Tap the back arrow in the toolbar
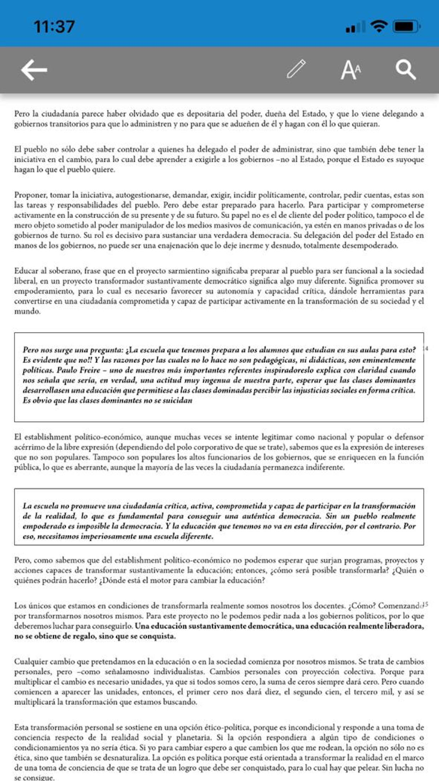coord(34,70)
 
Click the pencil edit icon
coord(296,69)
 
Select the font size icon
coord(351,70)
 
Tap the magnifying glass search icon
coord(405,70)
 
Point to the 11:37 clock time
coord(54,27)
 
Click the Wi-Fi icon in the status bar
coord(379,27)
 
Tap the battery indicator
coord(406,27)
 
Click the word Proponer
coord(30,195)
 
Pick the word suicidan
coord(177,400)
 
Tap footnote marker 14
coord(426,348)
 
